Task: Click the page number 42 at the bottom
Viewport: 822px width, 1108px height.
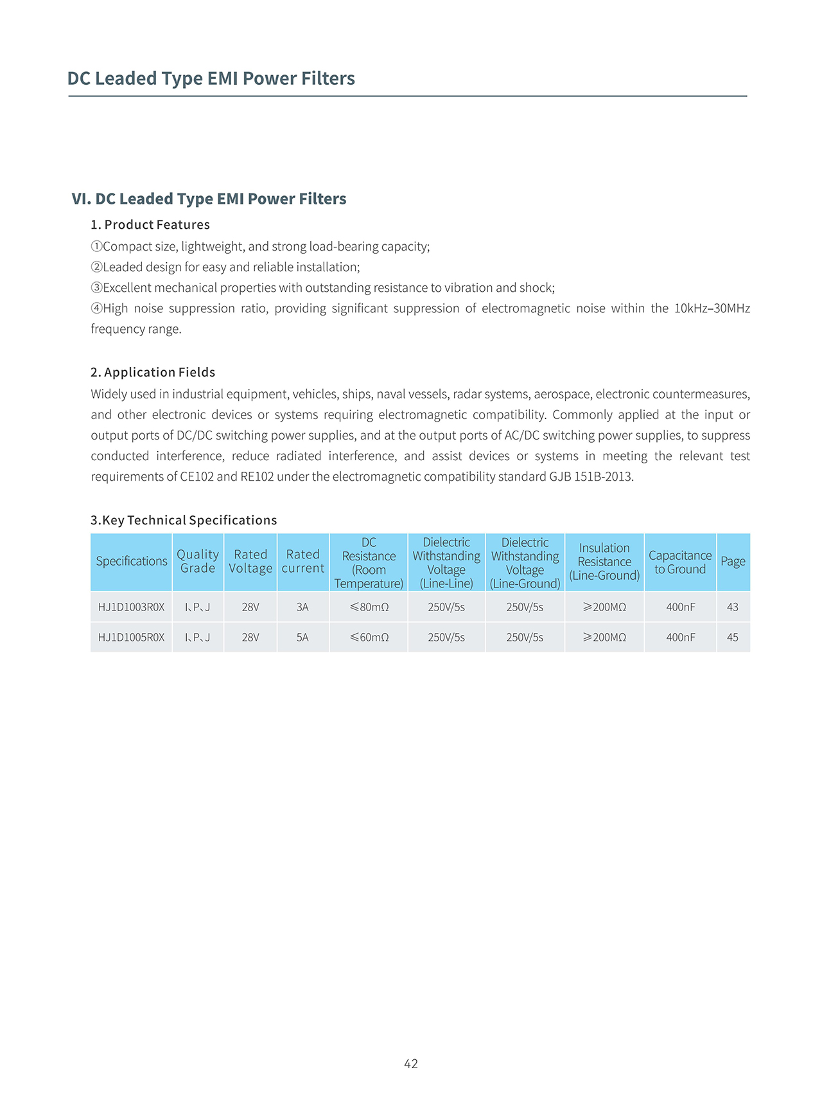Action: click(x=411, y=1064)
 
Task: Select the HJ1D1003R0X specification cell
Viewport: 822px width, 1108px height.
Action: click(x=131, y=607)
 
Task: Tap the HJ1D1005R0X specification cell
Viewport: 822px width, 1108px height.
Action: click(x=131, y=638)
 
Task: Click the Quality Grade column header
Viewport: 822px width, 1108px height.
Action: click(x=198, y=561)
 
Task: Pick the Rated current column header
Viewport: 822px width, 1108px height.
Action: click(x=303, y=561)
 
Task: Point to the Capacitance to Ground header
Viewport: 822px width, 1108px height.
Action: click(x=680, y=562)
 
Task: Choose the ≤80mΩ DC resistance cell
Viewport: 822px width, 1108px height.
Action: click(x=369, y=607)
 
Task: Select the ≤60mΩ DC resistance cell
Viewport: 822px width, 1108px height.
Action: click(x=369, y=638)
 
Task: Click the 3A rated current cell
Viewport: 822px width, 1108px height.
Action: click(x=302, y=607)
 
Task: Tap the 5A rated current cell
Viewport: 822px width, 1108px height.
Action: click(x=302, y=638)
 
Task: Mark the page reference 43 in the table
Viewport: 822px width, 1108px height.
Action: click(x=733, y=607)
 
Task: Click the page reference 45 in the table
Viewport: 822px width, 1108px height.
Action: click(x=733, y=638)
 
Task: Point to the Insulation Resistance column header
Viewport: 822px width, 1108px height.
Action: click(x=604, y=562)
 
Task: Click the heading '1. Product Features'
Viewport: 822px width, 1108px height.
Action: click(x=150, y=225)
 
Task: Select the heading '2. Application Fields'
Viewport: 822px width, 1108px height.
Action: click(x=153, y=373)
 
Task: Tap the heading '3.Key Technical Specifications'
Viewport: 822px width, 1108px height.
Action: click(x=184, y=521)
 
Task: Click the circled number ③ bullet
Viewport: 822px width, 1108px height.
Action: click(x=96, y=288)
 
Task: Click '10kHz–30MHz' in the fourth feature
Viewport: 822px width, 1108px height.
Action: click(x=712, y=308)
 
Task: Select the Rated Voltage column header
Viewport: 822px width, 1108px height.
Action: click(x=250, y=561)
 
